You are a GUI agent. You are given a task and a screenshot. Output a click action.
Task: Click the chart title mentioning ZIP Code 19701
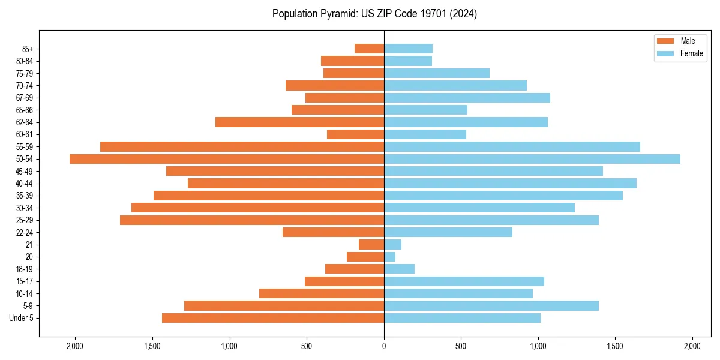pyautogui.click(x=374, y=14)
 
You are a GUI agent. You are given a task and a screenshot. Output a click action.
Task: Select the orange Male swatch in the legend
pyautogui.click(x=665, y=41)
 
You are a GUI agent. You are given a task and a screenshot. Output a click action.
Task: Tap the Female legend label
pyautogui.click(x=691, y=53)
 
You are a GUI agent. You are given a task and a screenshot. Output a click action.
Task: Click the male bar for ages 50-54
pyautogui.click(x=227, y=159)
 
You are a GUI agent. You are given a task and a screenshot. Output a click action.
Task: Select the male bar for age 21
pyautogui.click(x=371, y=245)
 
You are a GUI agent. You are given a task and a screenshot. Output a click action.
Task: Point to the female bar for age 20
pyautogui.click(x=390, y=257)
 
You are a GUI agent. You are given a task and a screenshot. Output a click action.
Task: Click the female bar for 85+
pyautogui.click(x=408, y=49)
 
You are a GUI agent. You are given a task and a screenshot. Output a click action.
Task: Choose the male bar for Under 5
pyautogui.click(x=273, y=318)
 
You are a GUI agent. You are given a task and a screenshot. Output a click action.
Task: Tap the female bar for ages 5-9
pyautogui.click(x=491, y=306)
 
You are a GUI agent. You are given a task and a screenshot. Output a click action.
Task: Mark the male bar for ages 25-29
pyautogui.click(x=252, y=220)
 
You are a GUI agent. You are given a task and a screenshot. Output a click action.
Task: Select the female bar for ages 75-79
pyautogui.click(x=437, y=73)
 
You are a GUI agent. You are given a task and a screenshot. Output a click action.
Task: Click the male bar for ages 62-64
pyautogui.click(x=299, y=122)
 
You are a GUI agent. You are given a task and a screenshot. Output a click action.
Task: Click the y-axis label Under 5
pyautogui.click(x=22, y=318)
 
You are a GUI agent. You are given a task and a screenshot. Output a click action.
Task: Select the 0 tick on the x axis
pyautogui.click(x=384, y=346)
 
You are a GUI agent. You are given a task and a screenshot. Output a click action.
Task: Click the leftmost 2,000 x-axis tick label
pyautogui.click(x=75, y=346)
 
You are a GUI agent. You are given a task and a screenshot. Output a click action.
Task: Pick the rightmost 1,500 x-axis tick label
pyautogui.click(x=615, y=346)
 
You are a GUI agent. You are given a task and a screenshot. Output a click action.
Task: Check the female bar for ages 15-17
pyautogui.click(x=464, y=281)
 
